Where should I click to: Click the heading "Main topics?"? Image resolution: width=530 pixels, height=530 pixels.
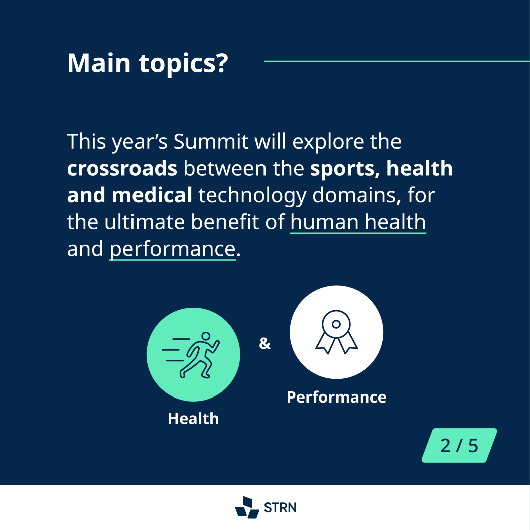148,63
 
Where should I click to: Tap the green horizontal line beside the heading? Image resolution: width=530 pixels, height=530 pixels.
397,61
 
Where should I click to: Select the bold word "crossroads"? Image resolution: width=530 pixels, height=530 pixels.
122,168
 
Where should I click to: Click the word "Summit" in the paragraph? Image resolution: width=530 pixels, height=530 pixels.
211,141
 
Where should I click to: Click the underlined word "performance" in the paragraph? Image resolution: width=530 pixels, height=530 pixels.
172,249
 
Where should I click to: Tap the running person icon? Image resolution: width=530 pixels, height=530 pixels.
191,354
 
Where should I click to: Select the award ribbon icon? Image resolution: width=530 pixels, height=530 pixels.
336,332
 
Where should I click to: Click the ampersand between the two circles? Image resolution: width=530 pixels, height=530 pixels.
264,343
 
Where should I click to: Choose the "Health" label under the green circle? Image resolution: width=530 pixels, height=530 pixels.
193,419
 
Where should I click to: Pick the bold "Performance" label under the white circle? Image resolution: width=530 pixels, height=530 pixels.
337,397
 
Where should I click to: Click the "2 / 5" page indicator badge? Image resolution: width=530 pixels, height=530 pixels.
459,446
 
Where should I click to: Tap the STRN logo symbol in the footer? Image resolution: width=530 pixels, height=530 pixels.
247,507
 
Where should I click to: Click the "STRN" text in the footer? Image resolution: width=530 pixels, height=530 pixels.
280,508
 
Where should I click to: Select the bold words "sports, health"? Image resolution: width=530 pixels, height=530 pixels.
381,168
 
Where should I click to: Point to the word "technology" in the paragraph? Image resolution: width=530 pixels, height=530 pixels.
252,196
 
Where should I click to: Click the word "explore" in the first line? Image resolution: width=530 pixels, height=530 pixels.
328,142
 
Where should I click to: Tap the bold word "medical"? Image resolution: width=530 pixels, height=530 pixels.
152,195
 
